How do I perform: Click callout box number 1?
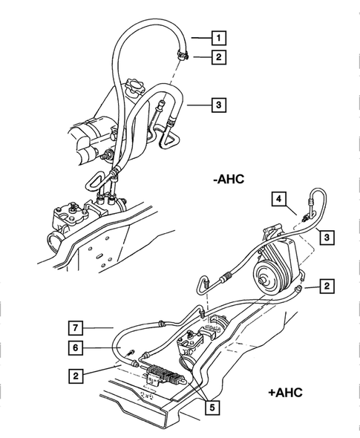click(219, 36)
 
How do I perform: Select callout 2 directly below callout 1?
click(219, 56)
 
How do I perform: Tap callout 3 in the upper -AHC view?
click(219, 105)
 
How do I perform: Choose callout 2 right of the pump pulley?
click(325, 285)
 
